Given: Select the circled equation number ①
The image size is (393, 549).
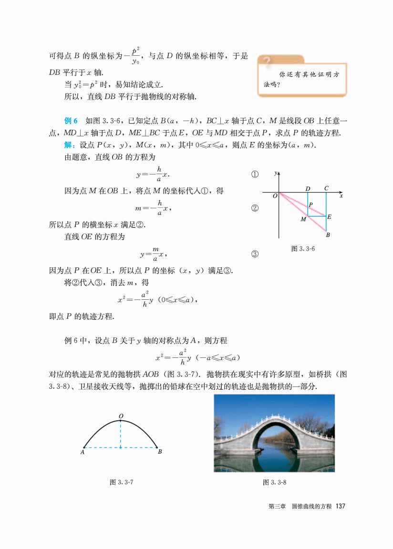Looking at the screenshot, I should click(x=255, y=175).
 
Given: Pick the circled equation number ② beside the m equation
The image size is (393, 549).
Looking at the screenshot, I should click(x=255, y=208).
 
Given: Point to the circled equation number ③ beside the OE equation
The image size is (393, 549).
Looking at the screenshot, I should click(x=255, y=254).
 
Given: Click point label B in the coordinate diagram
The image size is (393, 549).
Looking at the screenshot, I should click(x=328, y=235).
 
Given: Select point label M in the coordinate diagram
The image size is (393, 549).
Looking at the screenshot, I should click(x=303, y=220).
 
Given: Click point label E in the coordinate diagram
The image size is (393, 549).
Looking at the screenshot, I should click(x=329, y=217).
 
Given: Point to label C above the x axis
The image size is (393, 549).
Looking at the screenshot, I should click(x=326, y=188).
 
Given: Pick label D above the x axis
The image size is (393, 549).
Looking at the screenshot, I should click(x=308, y=188).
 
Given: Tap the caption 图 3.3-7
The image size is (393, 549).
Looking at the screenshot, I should click(x=121, y=482).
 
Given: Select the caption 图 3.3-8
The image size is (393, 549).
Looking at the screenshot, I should click(x=274, y=482).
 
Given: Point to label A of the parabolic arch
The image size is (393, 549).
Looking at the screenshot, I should click(x=83, y=452).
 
